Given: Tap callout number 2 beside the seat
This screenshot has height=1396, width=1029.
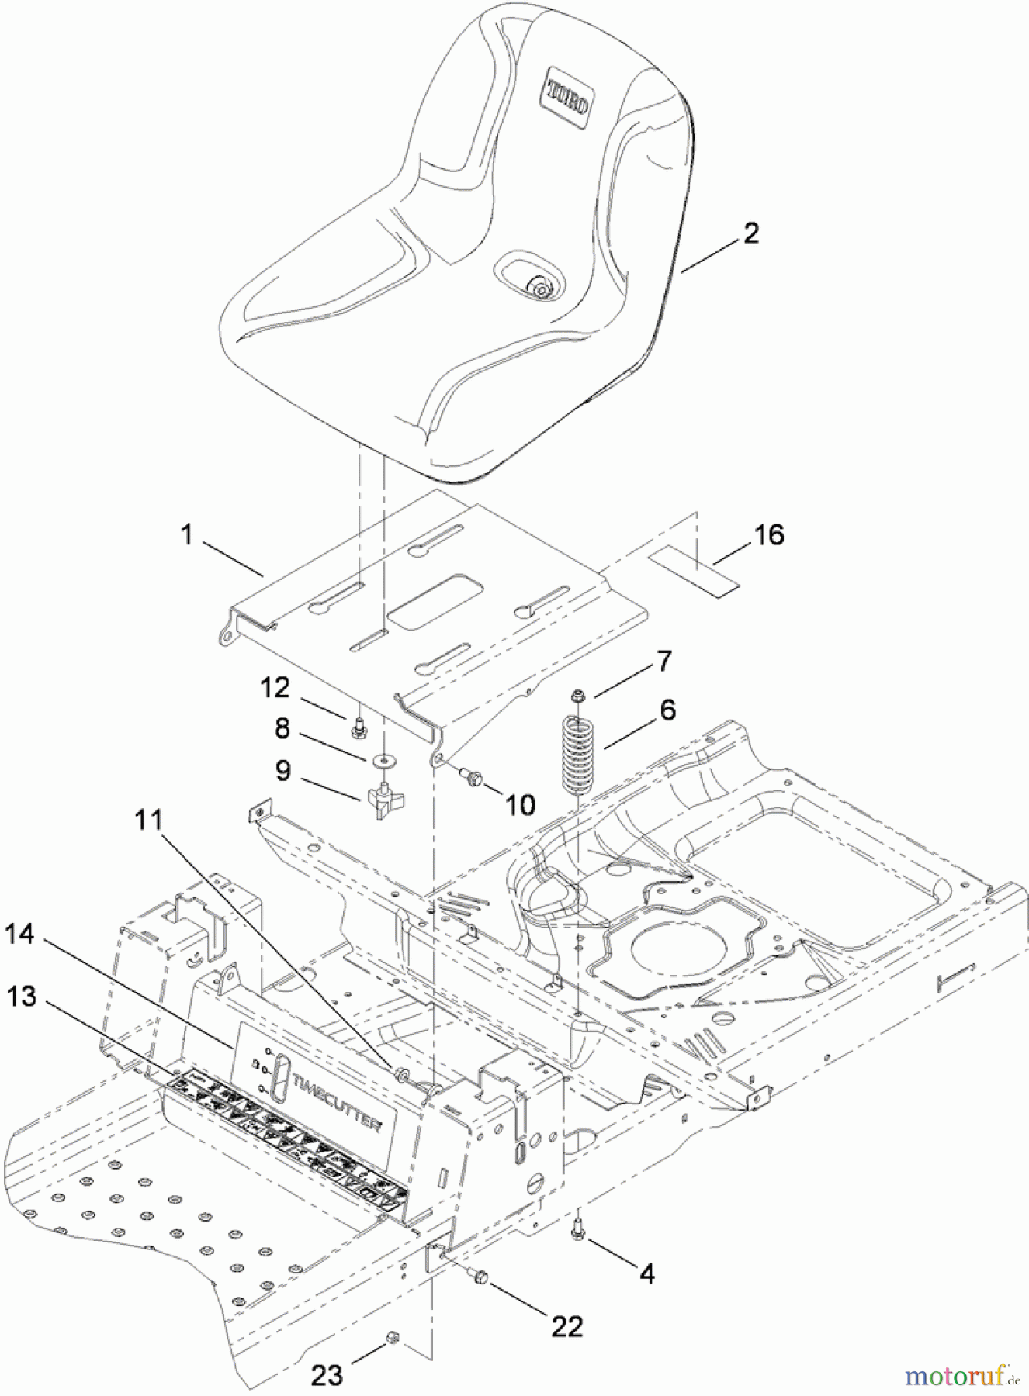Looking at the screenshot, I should point(750,233).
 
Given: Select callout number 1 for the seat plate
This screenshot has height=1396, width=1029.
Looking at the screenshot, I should point(186,534).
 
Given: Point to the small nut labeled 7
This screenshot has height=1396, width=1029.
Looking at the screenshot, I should point(578,696).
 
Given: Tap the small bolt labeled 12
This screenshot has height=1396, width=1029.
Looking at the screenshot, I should point(359,727).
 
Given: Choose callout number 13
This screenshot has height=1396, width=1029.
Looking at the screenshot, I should point(21,996).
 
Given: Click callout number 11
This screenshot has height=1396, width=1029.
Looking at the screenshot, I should point(149,819).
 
